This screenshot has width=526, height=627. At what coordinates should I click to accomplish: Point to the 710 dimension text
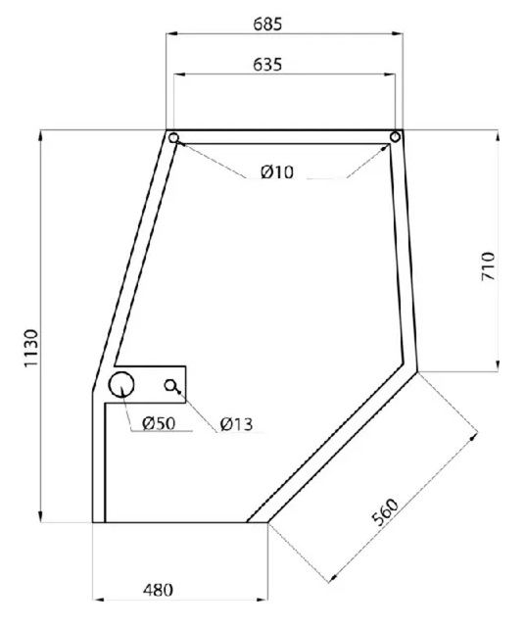click(x=490, y=266)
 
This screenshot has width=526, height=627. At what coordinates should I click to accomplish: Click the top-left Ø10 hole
click(x=173, y=138)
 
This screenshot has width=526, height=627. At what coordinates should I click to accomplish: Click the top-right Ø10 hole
click(x=396, y=137)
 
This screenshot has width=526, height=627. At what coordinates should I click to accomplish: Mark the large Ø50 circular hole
click(x=122, y=384)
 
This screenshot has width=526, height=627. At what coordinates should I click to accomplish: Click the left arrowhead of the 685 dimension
click(x=169, y=35)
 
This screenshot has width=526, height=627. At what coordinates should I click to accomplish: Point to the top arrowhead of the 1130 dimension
click(x=40, y=134)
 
